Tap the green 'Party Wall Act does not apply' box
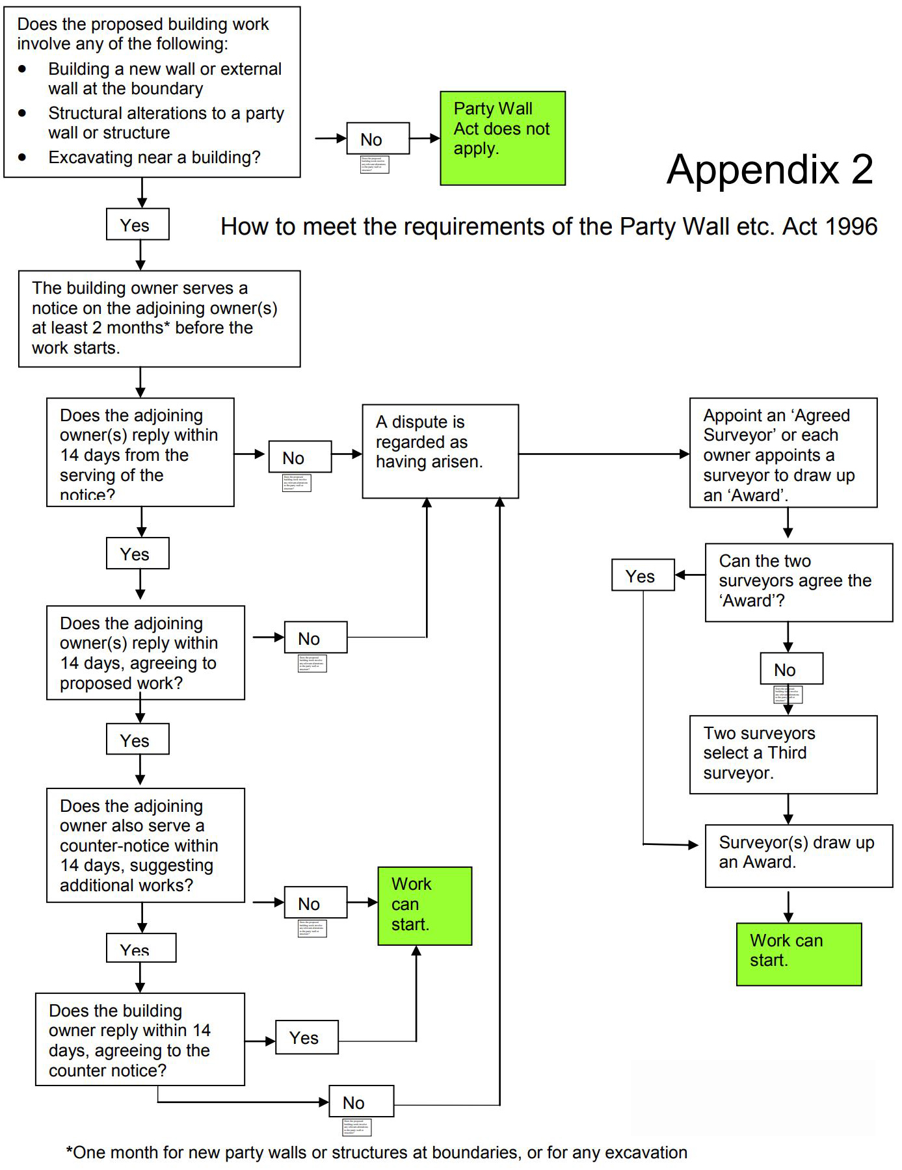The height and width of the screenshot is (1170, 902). coord(502,138)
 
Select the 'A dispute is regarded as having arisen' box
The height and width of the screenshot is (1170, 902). coord(440,451)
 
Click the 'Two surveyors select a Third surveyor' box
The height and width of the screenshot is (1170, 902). coord(783,754)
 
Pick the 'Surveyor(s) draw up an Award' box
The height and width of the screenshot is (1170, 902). coord(798,855)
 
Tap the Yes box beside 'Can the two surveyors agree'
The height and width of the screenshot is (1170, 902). coord(642,575)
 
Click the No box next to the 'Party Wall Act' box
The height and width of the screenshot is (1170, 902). coord(377,138)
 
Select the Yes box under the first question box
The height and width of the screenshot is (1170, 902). coord(137,224)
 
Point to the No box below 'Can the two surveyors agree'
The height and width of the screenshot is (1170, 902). coord(791,669)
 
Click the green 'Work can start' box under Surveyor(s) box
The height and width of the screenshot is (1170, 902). coord(798,954)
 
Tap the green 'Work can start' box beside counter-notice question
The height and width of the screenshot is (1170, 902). coord(424,905)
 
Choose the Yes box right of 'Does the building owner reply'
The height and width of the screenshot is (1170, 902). coord(306,1037)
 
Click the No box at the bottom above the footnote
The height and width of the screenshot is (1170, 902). coord(361,1102)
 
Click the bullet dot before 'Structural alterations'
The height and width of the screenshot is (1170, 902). coord(23,113)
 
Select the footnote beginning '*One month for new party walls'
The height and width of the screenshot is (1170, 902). coord(377,1152)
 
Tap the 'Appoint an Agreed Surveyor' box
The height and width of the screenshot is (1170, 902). coord(782,452)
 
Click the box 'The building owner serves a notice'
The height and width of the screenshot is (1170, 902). coord(159,318)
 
